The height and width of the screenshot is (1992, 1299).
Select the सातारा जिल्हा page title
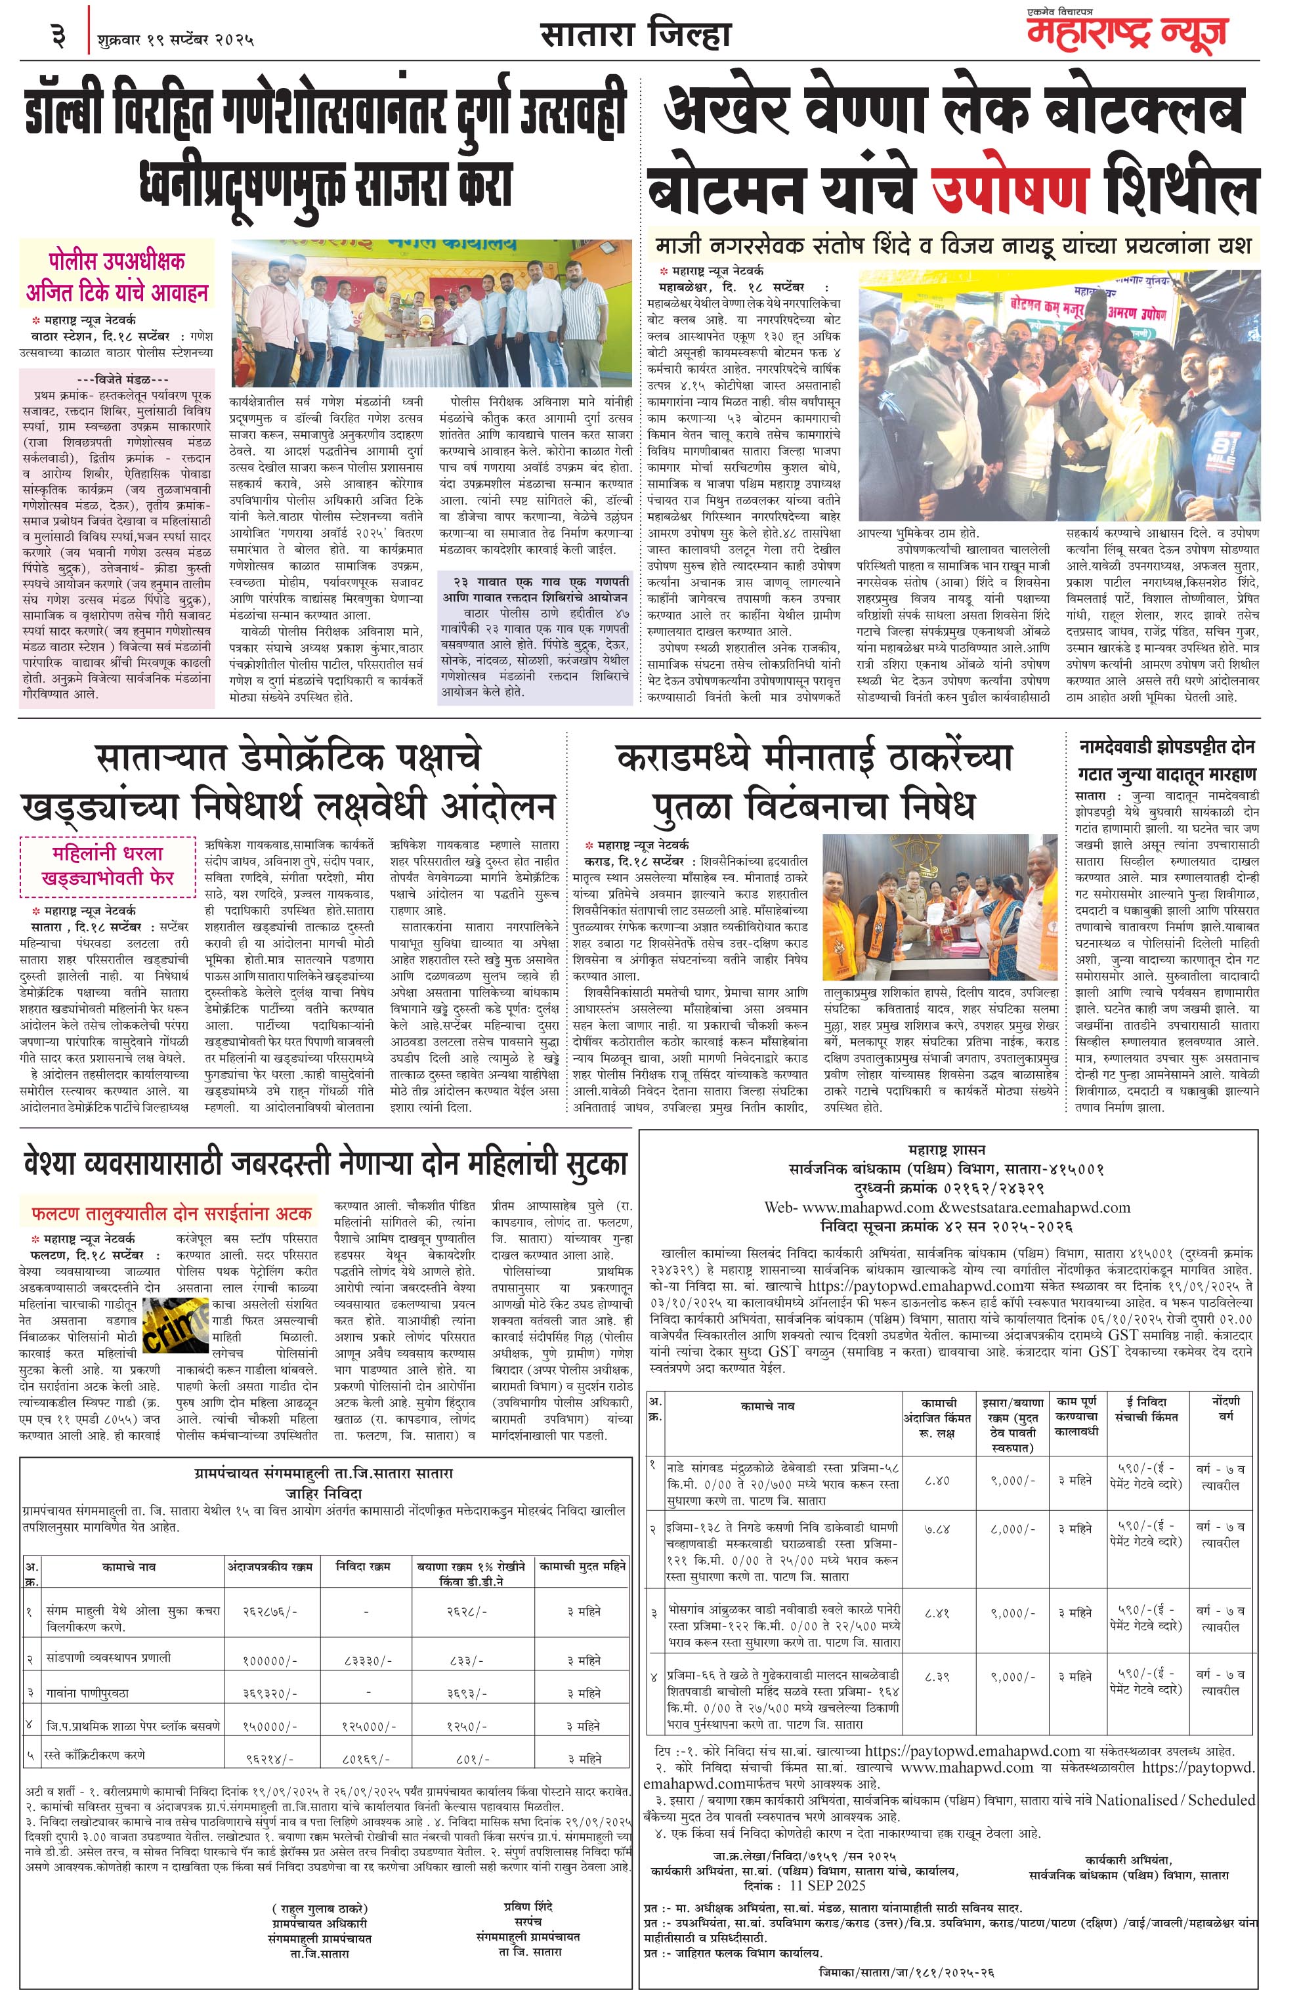635,36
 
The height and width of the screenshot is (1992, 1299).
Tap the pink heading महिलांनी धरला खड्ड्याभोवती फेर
108,864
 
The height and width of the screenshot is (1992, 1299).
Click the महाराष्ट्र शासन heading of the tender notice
946,1149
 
